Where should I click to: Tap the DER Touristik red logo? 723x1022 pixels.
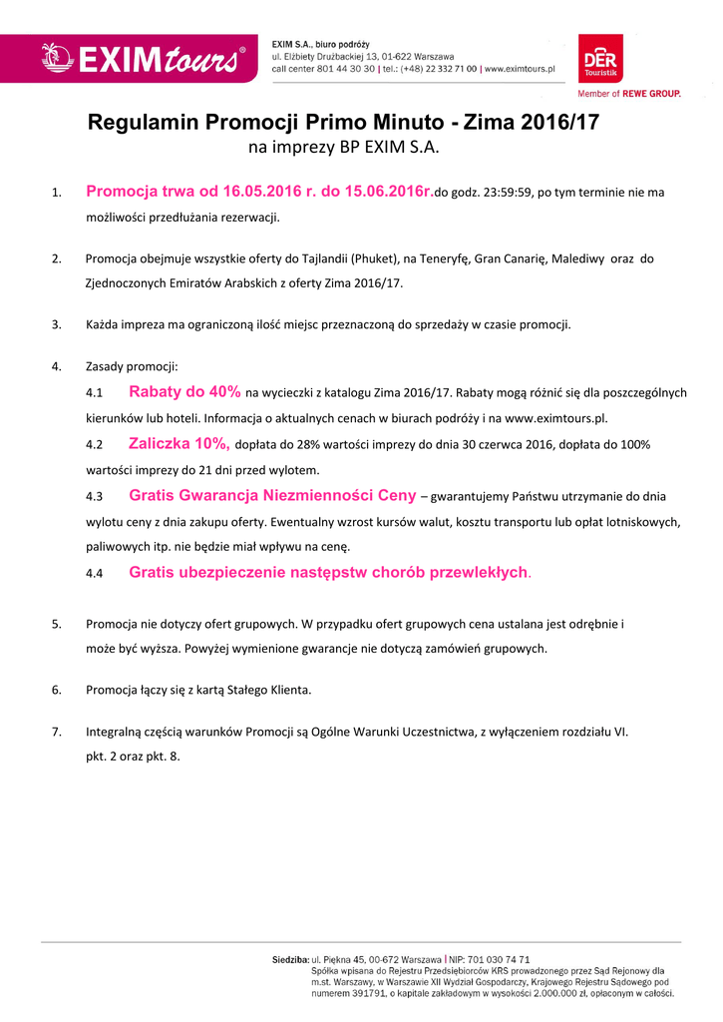(x=600, y=58)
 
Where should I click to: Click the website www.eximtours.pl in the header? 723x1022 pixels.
(x=520, y=69)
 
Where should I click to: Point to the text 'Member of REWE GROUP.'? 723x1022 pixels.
(x=629, y=93)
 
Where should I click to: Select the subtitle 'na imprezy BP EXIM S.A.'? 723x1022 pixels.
(x=343, y=149)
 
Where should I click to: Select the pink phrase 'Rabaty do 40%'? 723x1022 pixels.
(x=184, y=392)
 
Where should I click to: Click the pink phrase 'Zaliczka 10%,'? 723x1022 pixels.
(x=180, y=443)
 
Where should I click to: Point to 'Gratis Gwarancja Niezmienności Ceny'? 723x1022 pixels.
(x=272, y=495)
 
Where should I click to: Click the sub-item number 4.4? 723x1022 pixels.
(x=95, y=573)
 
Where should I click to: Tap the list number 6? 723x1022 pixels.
(x=57, y=689)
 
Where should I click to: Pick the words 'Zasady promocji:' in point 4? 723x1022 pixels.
(x=132, y=366)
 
